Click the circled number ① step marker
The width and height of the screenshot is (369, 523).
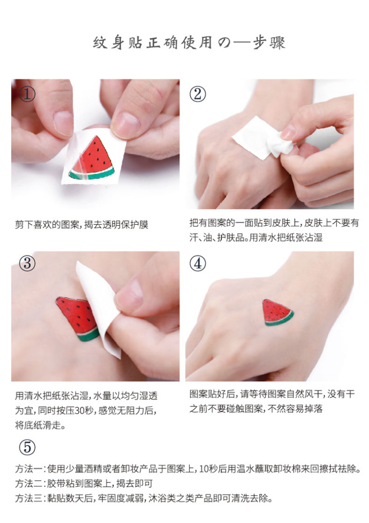27,95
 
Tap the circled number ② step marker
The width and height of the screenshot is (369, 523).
198,94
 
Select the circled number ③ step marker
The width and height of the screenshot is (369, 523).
27,263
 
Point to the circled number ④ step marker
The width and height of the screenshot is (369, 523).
198,263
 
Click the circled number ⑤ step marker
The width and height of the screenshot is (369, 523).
27,447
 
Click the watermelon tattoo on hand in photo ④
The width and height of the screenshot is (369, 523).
278,312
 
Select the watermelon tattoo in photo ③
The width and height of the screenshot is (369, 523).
78,317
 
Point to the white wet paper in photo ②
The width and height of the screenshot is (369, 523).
263,137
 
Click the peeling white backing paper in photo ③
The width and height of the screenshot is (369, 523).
99,309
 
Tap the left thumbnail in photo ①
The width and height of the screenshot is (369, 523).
63,124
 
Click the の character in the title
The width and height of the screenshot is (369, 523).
225,43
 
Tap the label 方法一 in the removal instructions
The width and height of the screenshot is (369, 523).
28,469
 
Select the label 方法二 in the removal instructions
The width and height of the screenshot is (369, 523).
28,483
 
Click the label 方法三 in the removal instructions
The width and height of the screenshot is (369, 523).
28,498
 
